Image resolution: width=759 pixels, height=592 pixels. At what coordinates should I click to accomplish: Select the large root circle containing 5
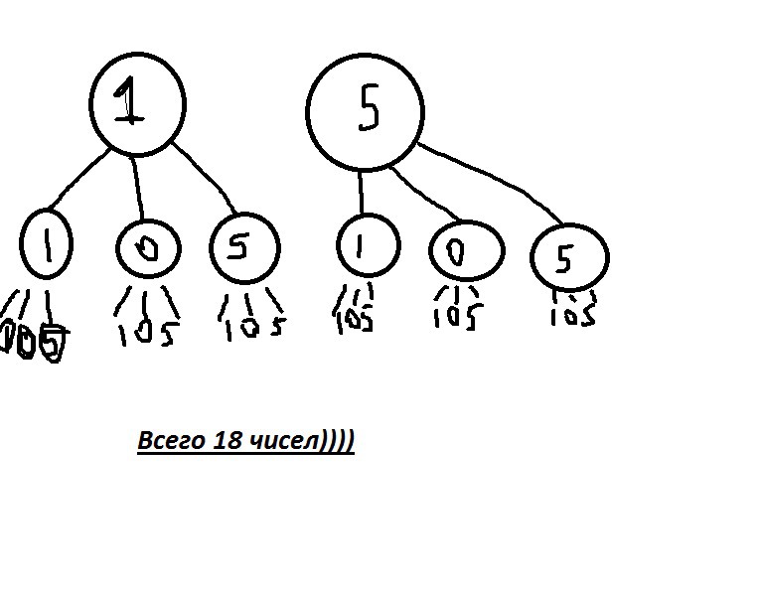pyautogui.click(x=365, y=110)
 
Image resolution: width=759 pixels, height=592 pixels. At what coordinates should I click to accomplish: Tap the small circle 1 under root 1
pyautogui.click(x=45, y=242)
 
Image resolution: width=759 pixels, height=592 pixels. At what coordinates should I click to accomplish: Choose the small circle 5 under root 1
pyautogui.click(x=243, y=248)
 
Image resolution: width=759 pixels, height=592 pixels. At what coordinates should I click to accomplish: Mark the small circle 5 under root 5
pyautogui.click(x=568, y=258)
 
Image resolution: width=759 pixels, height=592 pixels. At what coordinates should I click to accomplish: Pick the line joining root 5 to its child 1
pyautogui.click(x=362, y=191)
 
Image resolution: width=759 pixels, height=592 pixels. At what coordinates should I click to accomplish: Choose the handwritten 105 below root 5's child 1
pyautogui.click(x=355, y=321)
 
